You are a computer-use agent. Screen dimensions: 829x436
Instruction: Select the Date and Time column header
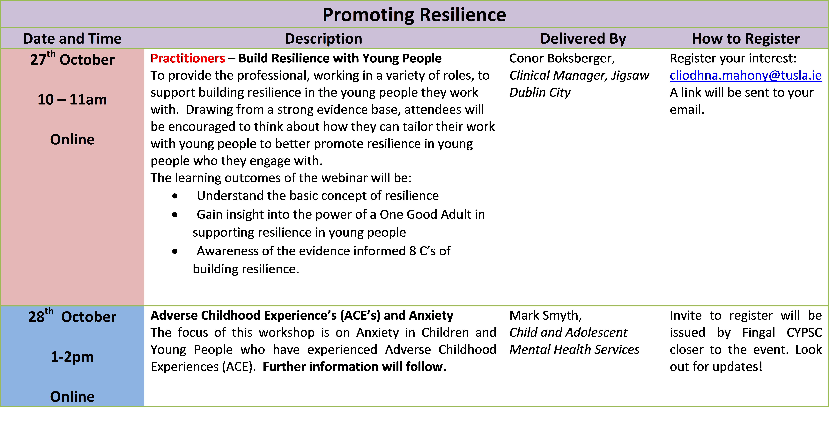click(x=72, y=39)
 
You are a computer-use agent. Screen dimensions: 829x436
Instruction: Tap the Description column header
click(x=323, y=39)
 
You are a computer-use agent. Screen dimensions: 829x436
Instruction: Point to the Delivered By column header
click(x=583, y=39)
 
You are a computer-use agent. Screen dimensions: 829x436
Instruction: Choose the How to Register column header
click(x=746, y=39)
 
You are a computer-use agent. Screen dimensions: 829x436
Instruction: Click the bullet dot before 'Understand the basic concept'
click(x=175, y=196)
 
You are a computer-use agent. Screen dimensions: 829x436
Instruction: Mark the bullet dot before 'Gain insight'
click(x=175, y=215)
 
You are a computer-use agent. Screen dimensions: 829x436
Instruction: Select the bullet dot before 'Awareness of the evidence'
click(x=175, y=251)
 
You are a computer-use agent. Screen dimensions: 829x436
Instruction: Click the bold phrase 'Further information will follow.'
click(x=354, y=367)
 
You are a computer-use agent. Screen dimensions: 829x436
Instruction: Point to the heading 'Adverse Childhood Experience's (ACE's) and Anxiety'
click(x=302, y=315)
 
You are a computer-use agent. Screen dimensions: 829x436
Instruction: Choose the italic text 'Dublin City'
click(x=540, y=93)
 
